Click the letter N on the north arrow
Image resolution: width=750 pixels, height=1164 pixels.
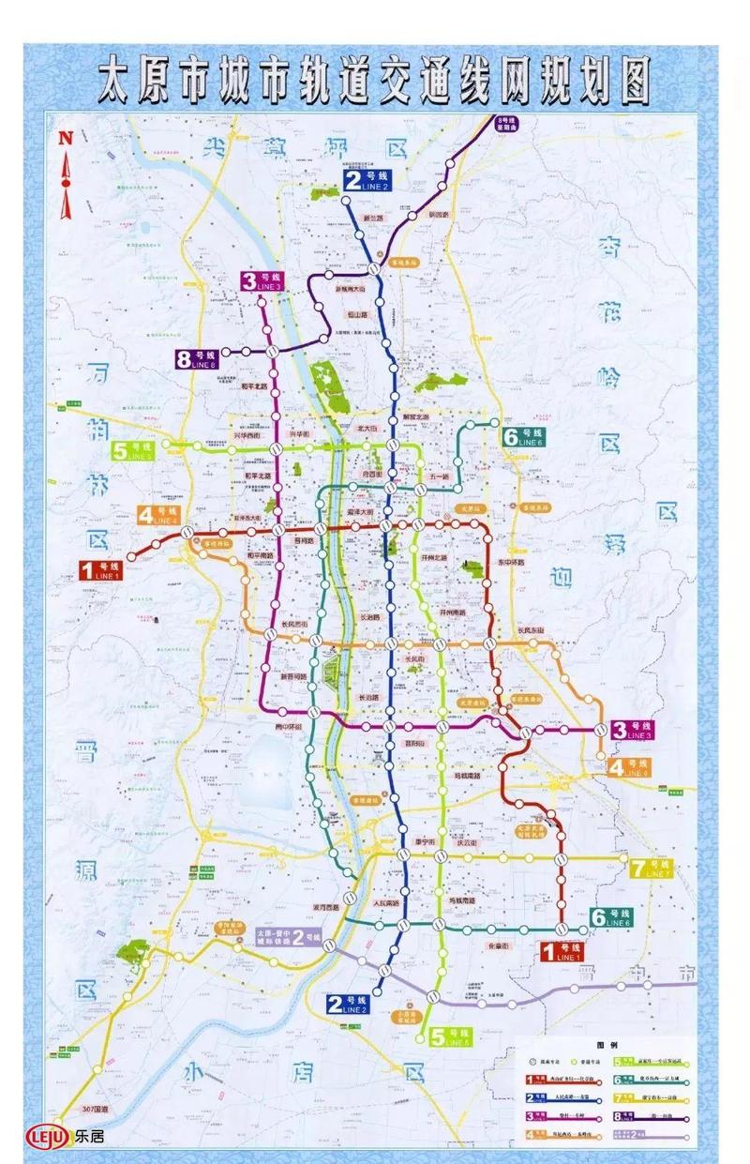(x=65, y=138)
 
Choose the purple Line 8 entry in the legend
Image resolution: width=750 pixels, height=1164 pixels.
(x=653, y=1116)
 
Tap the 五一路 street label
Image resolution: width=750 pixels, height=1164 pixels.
(x=439, y=476)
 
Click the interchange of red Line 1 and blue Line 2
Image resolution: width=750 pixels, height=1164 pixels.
(x=386, y=528)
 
